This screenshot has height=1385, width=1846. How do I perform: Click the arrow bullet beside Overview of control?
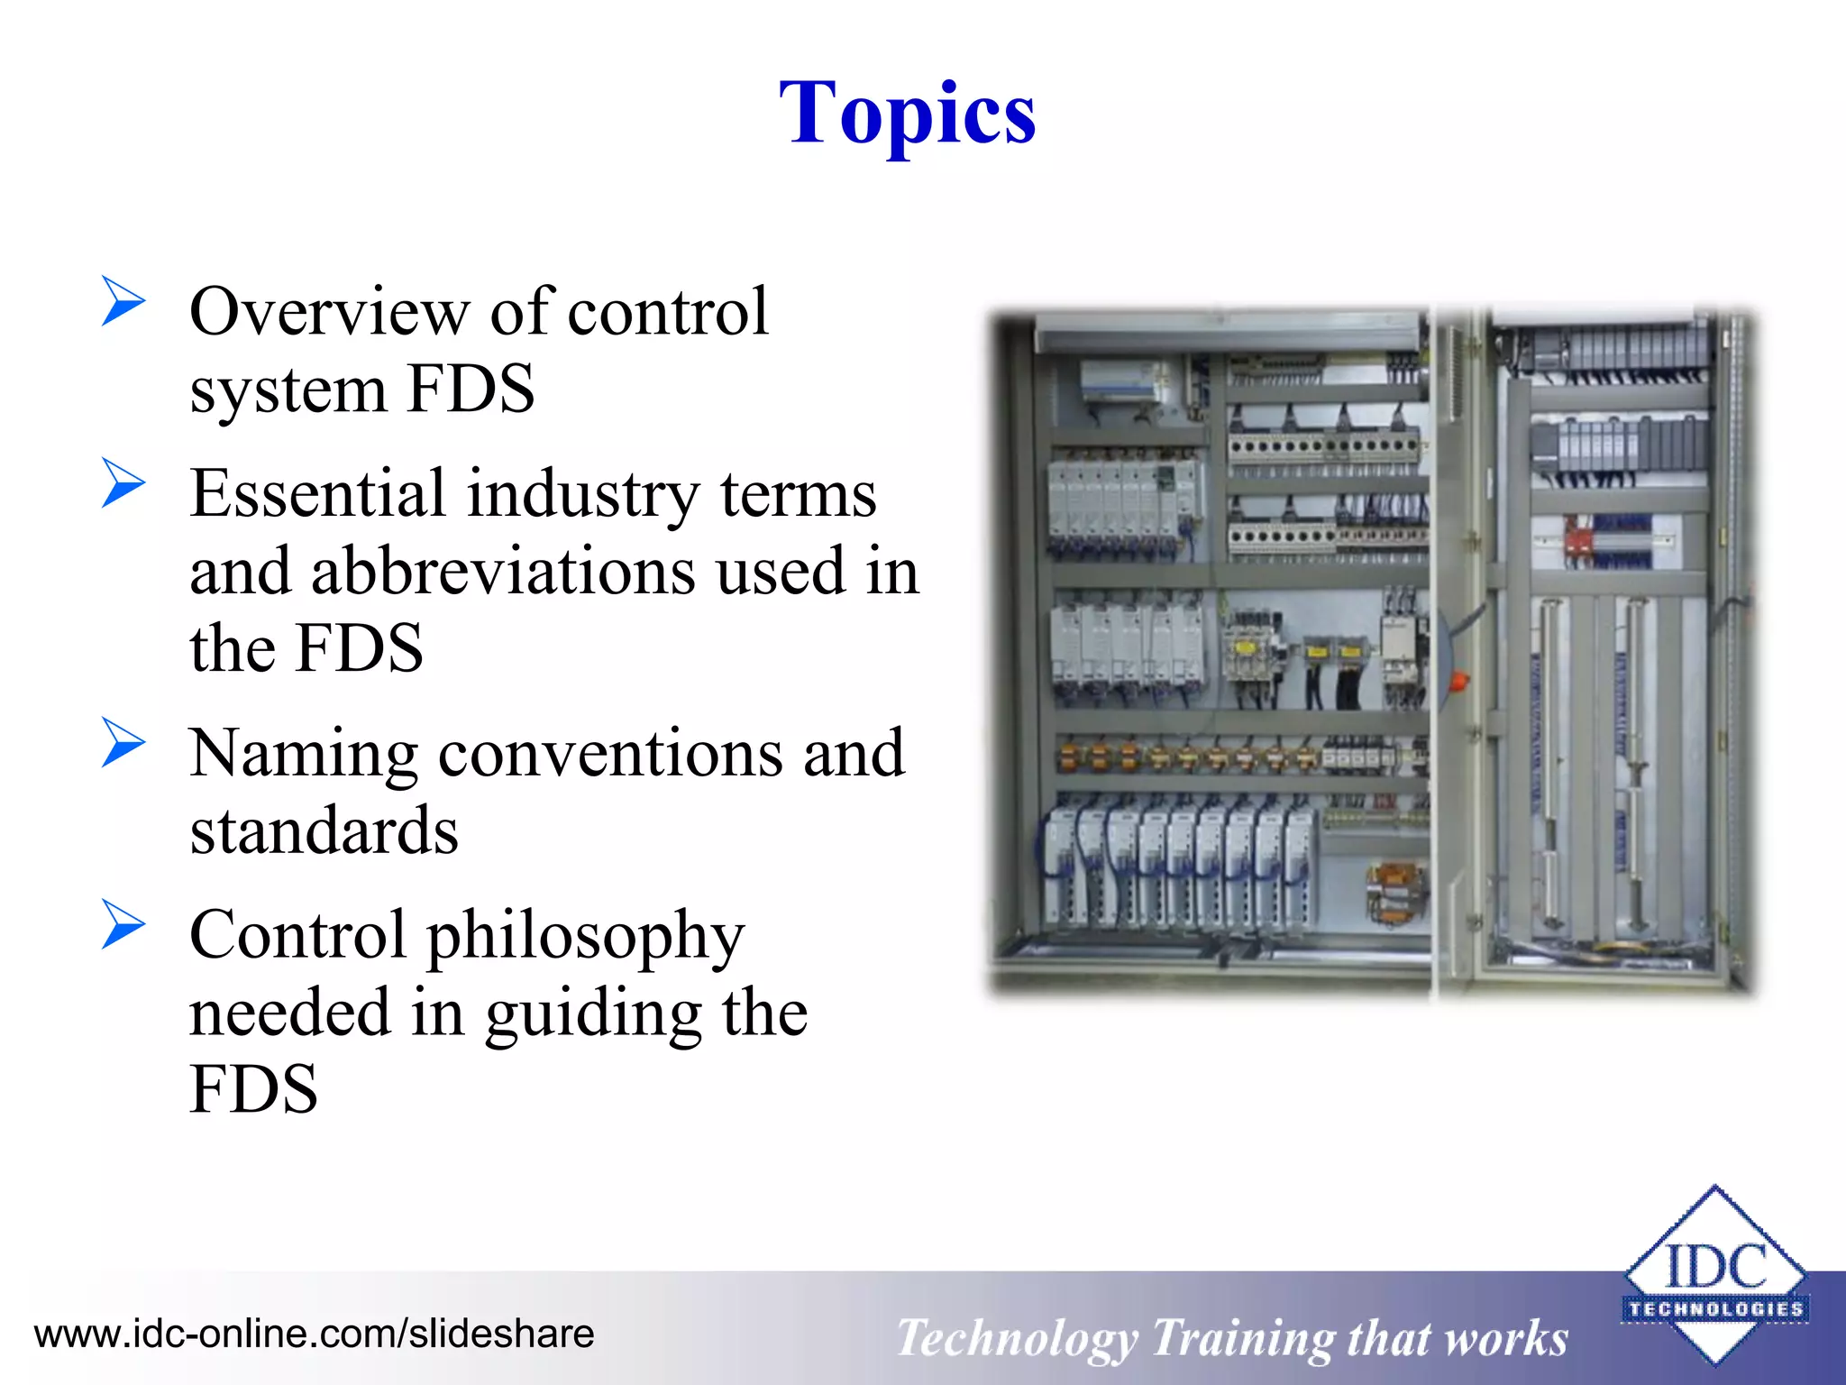(x=123, y=301)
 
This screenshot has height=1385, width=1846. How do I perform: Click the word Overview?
(x=329, y=312)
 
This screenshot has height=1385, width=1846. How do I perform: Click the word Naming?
(x=303, y=754)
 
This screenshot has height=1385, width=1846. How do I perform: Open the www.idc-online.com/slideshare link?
(x=314, y=1334)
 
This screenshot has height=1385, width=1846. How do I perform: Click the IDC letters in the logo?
(x=1714, y=1266)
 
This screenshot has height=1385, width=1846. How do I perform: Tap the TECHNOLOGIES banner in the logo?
(x=1714, y=1308)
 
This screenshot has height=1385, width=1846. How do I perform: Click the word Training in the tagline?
(x=1241, y=1339)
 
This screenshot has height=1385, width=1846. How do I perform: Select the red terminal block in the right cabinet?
(x=1578, y=542)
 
